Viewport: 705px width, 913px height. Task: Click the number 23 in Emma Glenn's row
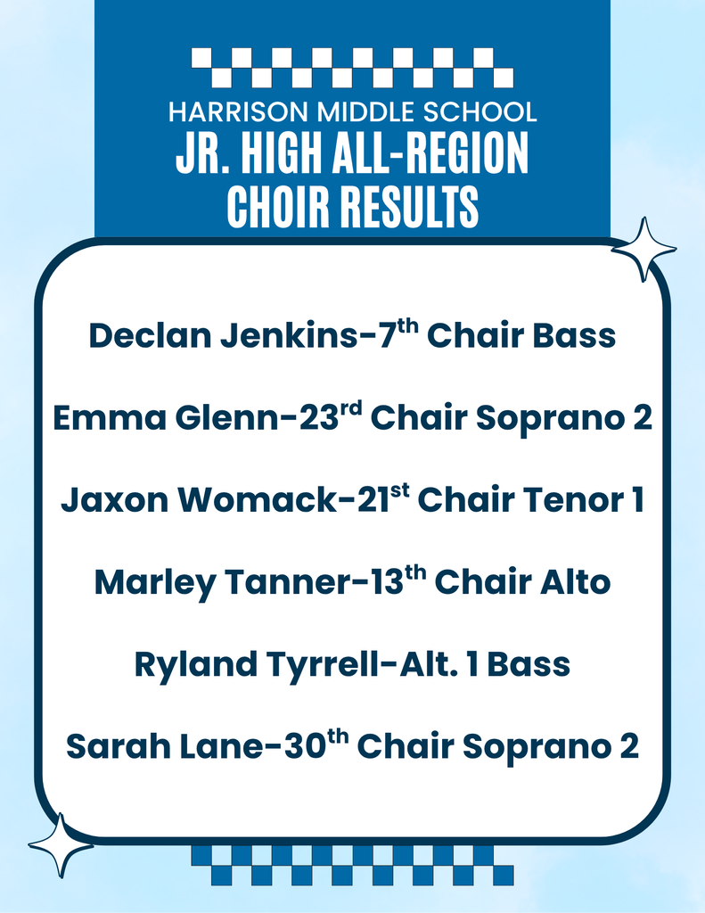click(x=317, y=418)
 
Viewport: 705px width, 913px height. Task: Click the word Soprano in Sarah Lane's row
click(x=549, y=746)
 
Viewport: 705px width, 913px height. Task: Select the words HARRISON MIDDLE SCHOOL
click(x=352, y=112)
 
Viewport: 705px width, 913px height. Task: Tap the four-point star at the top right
click(x=643, y=249)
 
